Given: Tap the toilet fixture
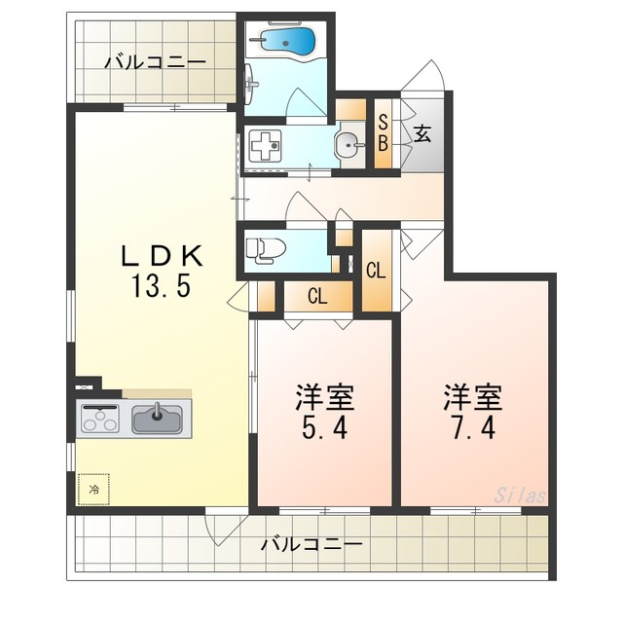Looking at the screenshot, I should pos(260,250).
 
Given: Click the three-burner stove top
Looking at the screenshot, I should pos(98,418).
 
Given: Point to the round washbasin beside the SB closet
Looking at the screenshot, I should pos(348,145).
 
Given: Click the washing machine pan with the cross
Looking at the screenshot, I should pos(264,148).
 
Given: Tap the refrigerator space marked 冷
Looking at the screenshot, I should pos(94,489).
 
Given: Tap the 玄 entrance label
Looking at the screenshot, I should pos(423,135).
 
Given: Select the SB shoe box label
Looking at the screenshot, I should pos(384,133).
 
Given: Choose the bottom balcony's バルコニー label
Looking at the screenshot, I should pos(311,543).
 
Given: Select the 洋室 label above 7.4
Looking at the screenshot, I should pos(474,396).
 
